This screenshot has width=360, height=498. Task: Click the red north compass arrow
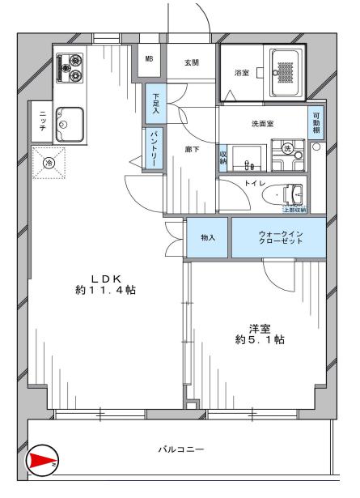41,462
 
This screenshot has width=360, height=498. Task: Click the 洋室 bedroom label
259,334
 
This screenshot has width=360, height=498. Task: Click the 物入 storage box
209,238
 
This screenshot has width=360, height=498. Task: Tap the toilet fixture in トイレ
288,194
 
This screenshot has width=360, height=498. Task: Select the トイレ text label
256,184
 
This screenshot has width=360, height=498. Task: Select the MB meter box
150,58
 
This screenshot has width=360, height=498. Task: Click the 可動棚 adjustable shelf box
316,124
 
